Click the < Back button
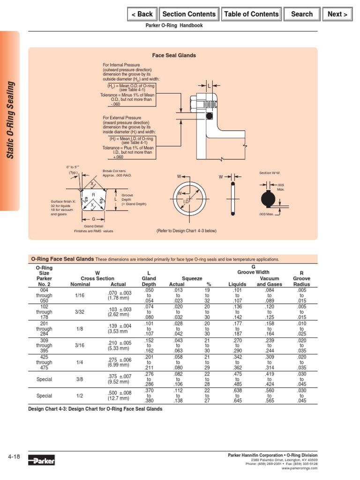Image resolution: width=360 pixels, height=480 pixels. [x=142, y=14]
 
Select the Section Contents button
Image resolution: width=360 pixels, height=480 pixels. [x=189, y=14]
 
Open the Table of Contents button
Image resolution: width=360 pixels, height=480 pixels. [x=251, y=14]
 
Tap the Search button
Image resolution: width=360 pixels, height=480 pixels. [x=301, y=14]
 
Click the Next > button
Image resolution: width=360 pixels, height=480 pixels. [x=337, y=14]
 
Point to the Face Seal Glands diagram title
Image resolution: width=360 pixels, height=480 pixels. [x=174, y=55]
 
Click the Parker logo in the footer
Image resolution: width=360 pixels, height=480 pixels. [x=41, y=461]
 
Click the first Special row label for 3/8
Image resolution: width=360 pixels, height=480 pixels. [x=45, y=379]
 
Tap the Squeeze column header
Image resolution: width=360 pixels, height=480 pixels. [x=192, y=278]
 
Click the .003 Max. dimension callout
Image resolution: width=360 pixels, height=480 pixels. [x=266, y=214]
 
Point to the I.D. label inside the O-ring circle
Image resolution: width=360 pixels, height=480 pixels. [x=186, y=201]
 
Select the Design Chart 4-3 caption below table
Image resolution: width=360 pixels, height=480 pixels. [x=96, y=409]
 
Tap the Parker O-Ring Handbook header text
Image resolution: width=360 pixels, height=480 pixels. [x=175, y=26]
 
